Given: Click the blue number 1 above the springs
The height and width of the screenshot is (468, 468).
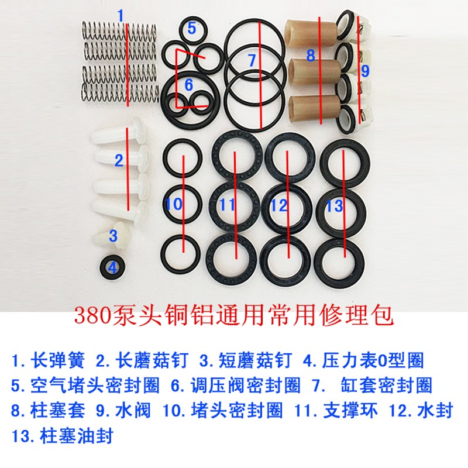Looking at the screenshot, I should pos(121,15).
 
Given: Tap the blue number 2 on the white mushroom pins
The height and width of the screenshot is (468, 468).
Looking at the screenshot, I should pos(119,160).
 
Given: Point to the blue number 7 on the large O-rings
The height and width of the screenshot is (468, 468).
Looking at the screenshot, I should pos(252,60).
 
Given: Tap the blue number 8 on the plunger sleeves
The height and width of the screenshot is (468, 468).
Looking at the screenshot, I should pos(310,56).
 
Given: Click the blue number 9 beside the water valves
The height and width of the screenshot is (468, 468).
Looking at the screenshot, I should pos(365,71).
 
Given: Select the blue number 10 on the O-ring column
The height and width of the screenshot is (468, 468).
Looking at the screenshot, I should pos(174,204).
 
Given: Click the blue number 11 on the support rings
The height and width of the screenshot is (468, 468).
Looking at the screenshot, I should pos(227,205).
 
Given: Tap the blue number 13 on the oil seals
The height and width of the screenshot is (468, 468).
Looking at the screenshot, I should pos(334,206).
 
